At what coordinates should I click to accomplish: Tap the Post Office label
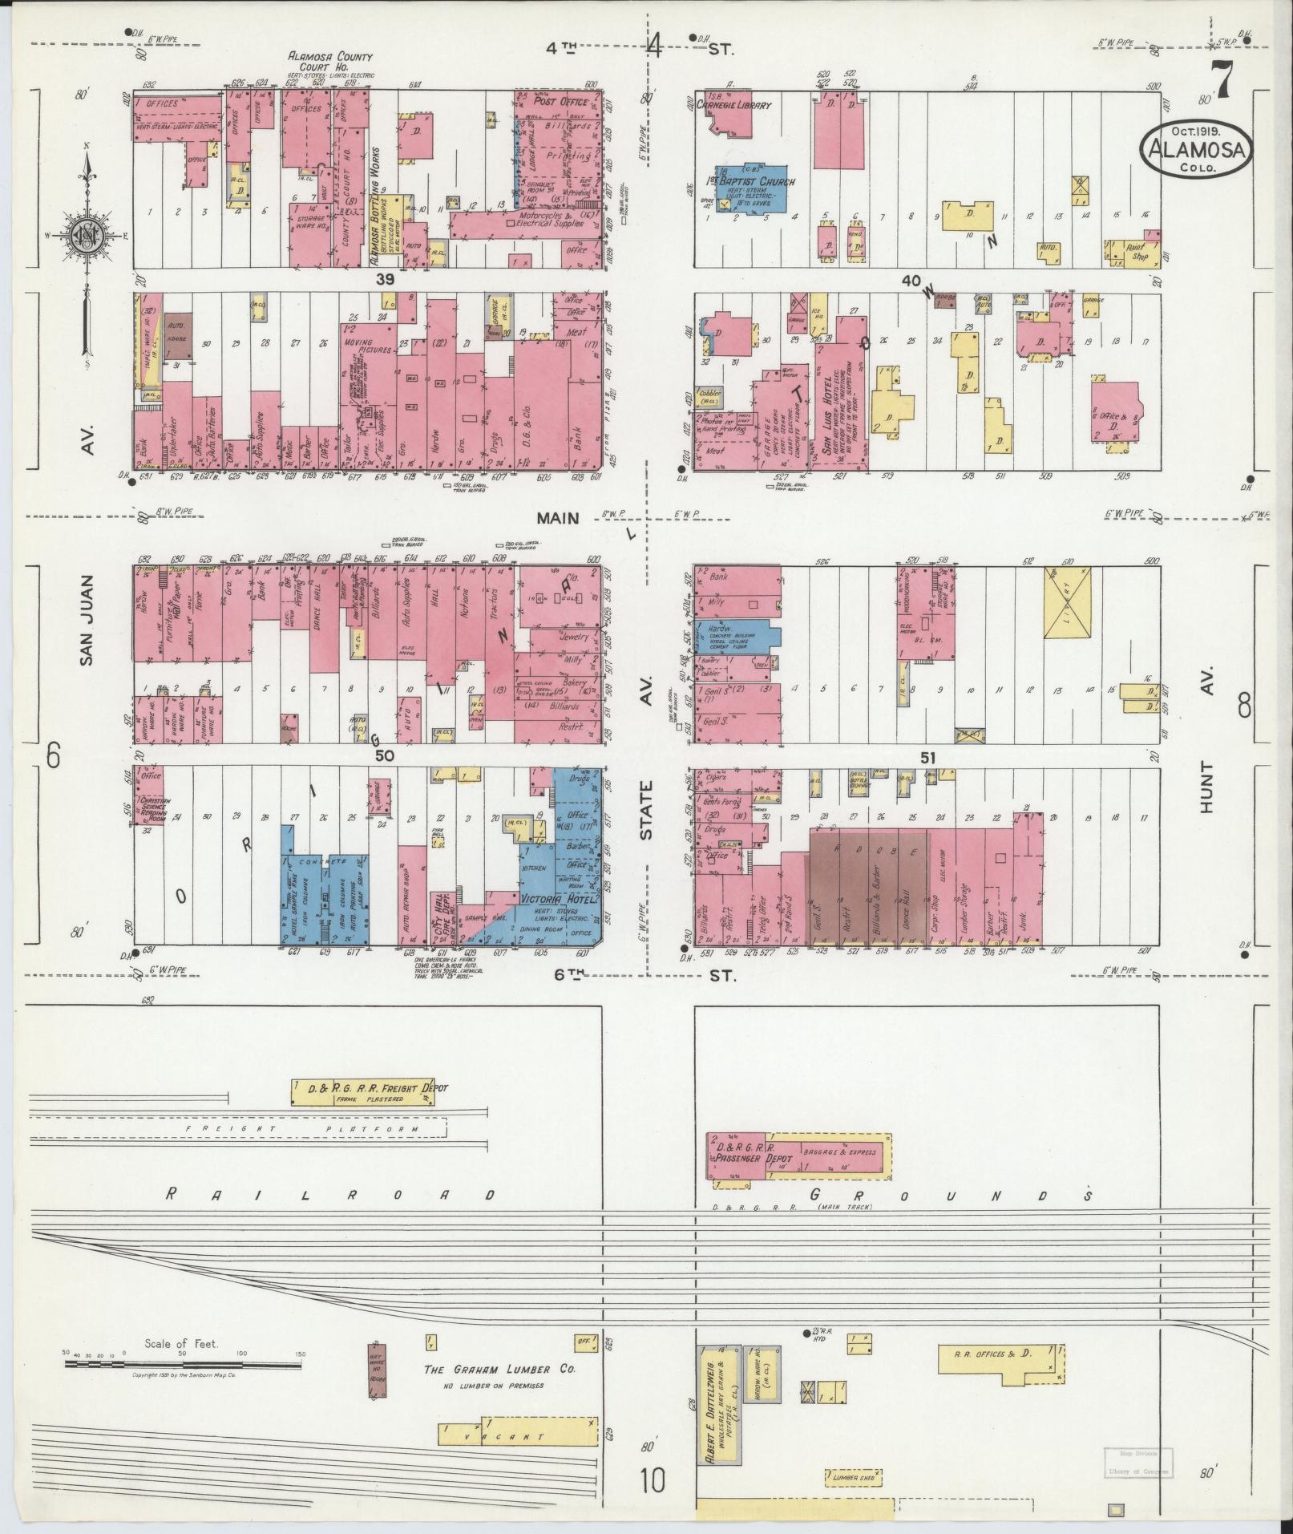click(x=561, y=102)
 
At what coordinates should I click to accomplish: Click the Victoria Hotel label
click(x=560, y=899)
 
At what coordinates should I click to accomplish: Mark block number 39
click(x=386, y=279)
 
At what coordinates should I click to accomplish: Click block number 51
click(x=928, y=757)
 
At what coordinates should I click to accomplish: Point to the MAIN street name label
click(x=558, y=519)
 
